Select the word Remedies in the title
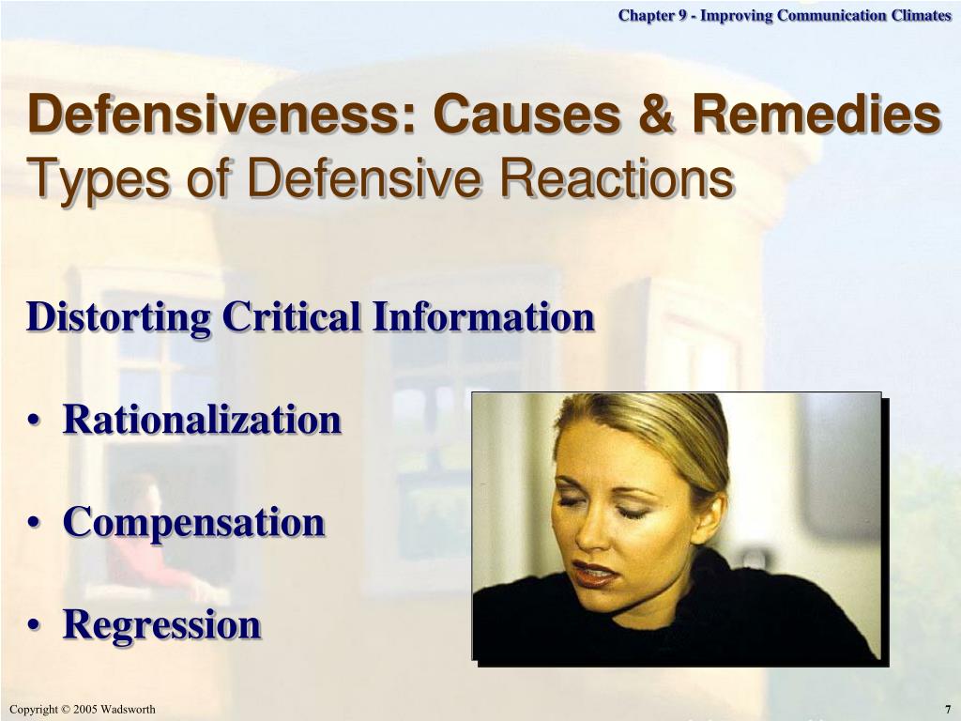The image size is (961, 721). tap(816, 114)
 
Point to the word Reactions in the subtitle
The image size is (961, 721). tap(617, 177)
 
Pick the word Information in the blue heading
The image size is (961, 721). tap(483, 316)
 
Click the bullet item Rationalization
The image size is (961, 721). tap(202, 420)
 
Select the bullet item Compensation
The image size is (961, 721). tap(193, 524)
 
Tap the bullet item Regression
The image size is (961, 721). tap(161, 626)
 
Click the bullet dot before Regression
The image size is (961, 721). tap(35, 625)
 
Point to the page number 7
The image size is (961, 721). tap(947, 710)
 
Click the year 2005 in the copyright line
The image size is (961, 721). tap(85, 710)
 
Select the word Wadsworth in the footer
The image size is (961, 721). tap(128, 710)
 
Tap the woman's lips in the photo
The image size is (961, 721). tap(593, 574)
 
